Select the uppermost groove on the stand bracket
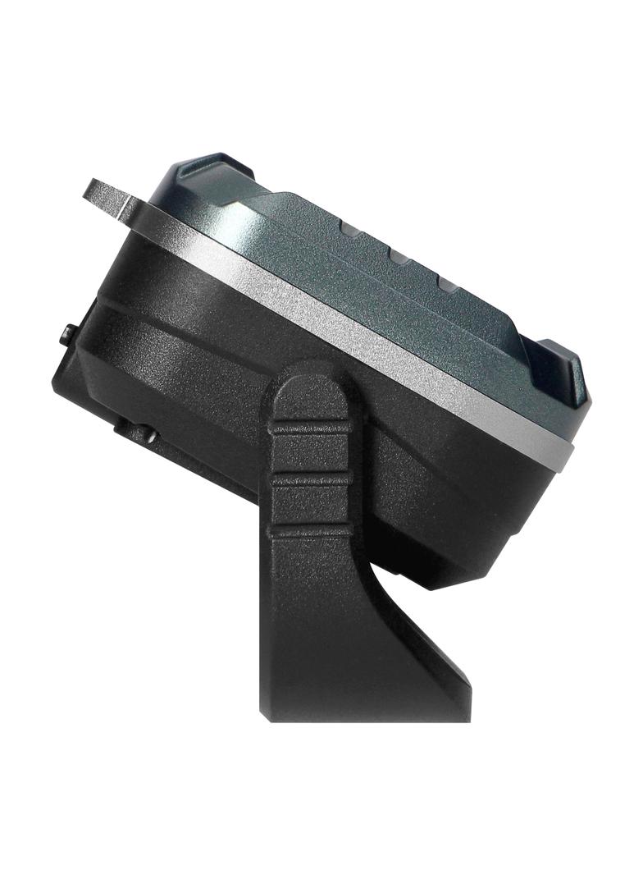[x=311, y=427]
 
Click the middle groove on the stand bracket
[x=311, y=478]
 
